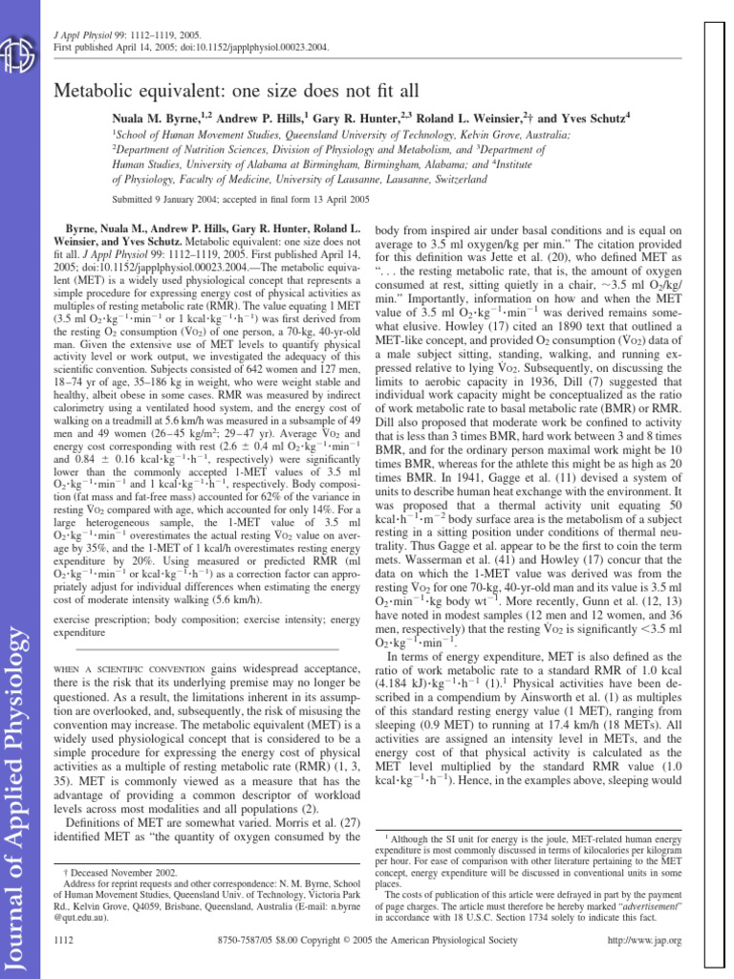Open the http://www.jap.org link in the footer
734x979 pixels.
[647, 940]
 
